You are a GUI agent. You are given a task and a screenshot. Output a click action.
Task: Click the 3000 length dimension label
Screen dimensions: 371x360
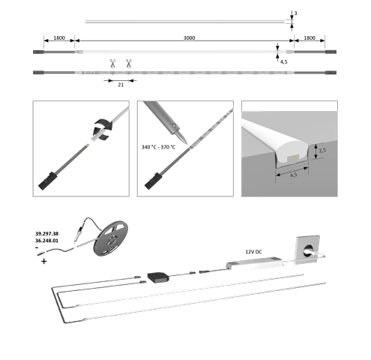(x=189, y=37)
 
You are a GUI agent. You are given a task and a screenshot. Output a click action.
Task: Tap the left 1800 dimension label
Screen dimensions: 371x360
(x=59, y=37)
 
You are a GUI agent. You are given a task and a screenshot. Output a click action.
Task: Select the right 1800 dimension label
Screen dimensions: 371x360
(x=310, y=37)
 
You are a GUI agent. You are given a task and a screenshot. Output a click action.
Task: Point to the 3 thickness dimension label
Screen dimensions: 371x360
(x=295, y=13)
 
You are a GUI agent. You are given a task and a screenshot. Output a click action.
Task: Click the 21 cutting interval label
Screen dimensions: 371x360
(x=121, y=85)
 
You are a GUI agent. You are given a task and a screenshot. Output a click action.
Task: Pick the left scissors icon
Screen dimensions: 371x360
(x=112, y=64)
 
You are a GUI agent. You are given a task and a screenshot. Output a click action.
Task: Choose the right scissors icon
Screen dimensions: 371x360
(x=129, y=64)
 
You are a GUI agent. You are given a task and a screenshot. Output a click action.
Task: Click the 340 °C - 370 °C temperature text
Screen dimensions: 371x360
(x=158, y=147)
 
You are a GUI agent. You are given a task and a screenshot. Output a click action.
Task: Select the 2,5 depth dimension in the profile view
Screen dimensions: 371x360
(x=322, y=150)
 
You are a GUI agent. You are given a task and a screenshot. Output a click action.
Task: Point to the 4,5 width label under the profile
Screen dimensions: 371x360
(x=294, y=175)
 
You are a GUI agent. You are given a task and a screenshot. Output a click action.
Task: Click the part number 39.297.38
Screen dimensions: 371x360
(x=46, y=234)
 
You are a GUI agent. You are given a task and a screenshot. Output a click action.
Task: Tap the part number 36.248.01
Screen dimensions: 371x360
(x=46, y=241)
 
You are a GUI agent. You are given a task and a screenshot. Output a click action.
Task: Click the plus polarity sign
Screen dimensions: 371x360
(x=43, y=262)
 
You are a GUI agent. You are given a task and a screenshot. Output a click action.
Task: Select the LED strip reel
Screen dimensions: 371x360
(x=111, y=238)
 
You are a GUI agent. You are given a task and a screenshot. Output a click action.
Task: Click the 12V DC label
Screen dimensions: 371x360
(x=253, y=252)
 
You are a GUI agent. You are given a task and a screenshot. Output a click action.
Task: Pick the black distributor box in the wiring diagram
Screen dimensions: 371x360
(x=158, y=277)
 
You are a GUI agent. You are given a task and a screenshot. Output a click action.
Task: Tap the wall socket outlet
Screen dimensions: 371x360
(x=307, y=250)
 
